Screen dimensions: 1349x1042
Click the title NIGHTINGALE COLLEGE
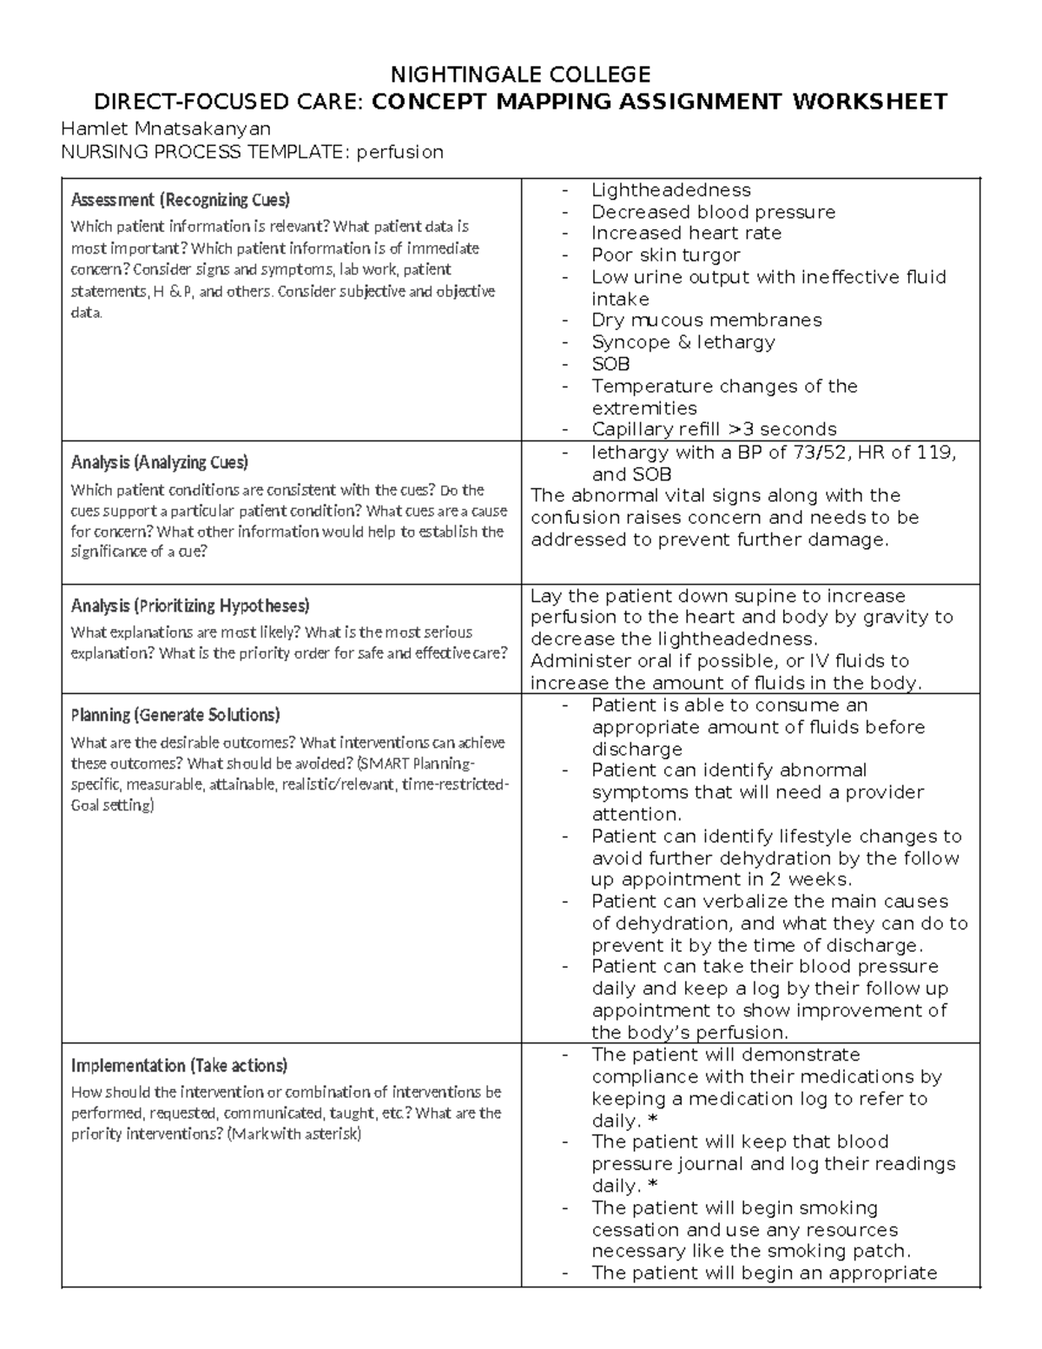pos(520,73)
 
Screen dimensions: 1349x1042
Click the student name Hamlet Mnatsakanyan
pos(165,129)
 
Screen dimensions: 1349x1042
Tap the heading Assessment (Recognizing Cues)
pos(180,200)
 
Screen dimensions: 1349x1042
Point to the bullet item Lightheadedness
pos(670,190)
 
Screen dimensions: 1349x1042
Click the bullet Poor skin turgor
pos(665,255)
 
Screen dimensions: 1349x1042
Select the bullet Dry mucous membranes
pos(706,321)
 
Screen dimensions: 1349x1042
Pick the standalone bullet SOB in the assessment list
pos(610,364)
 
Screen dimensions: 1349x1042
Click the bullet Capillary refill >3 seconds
pos(714,429)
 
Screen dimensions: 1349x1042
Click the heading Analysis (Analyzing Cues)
pos(159,462)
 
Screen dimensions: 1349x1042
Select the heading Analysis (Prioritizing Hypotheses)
pos(190,605)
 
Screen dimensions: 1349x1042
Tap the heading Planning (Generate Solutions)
pos(175,715)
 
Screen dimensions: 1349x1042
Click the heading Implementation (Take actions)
pos(179,1065)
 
